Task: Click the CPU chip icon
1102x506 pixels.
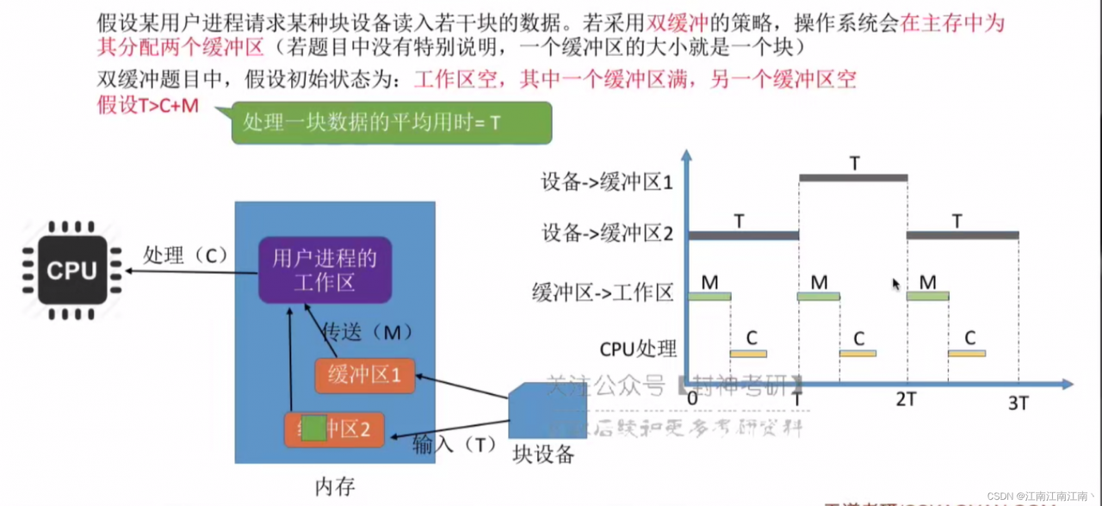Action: tap(71, 270)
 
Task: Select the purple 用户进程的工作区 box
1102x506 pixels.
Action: tap(324, 269)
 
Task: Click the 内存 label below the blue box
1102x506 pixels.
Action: tap(334, 486)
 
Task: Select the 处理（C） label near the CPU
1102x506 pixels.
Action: tap(183, 256)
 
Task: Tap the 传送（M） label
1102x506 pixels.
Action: tap(367, 332)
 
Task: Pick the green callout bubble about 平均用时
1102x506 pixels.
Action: tap(392, 123)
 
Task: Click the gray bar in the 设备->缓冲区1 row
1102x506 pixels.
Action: tap(853, 178)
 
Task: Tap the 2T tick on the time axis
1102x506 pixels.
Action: tap(906, 400)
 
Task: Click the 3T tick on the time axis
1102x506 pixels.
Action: tap(1018, 402)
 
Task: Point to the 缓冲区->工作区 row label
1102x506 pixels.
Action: tap(602, 293)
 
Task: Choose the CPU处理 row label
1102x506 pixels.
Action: tap(638, 349)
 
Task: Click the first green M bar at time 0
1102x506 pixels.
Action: tap(709, 296)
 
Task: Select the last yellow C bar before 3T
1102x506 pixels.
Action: tap(967, 353)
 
